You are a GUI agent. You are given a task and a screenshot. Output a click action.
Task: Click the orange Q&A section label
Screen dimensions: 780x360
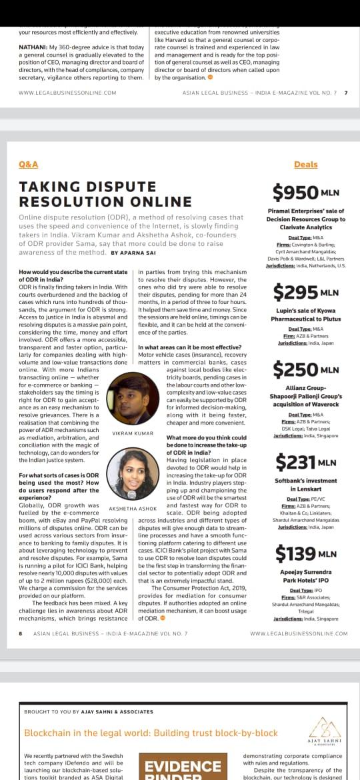tap(29, 165)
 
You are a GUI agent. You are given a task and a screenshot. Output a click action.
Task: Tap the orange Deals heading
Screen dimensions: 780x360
tap(305, 165)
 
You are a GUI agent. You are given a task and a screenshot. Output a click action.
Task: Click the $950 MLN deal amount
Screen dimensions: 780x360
tap(306, 193)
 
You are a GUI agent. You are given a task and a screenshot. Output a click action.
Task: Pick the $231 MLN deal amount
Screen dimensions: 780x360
tap(306, 461)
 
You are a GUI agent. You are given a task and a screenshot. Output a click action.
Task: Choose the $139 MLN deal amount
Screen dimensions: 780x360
tap(306, 553)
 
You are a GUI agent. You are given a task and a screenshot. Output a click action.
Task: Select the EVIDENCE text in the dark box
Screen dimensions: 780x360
tap(183, 766)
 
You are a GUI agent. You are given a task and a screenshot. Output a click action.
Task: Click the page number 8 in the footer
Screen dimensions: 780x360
tap(21, 633)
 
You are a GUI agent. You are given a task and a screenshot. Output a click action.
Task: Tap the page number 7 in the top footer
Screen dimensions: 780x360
tap(345, 93)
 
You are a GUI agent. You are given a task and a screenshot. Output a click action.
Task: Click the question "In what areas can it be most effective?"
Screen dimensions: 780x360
tap(190, 347)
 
